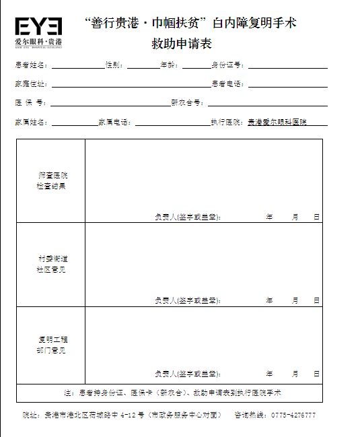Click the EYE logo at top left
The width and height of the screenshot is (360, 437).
39,30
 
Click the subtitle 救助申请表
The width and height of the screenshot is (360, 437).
181,45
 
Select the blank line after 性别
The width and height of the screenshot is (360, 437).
143,67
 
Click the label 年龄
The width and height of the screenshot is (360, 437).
170,65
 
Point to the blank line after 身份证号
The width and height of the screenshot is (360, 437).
287,67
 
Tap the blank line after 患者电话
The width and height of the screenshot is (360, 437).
287,86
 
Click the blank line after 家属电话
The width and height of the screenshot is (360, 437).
172,124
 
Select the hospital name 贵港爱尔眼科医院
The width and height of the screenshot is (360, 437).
277,123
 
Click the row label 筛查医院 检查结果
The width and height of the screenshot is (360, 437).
52,180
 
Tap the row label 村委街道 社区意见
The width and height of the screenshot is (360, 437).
52,264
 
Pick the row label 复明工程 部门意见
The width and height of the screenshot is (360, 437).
52,345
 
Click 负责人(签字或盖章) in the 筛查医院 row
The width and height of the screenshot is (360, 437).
187,217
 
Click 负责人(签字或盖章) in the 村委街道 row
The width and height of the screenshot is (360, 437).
187,300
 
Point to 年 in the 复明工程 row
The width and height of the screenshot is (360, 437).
269,374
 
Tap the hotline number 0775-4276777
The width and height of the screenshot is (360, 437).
293,415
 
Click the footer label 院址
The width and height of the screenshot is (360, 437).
31,415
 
